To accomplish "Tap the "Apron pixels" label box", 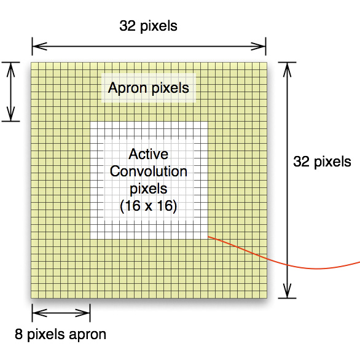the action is (x=149, y=88).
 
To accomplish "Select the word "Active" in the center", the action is (x=148, y=154).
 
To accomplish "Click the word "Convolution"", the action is (x=149, y=171).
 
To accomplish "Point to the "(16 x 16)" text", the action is (x=149, y=206).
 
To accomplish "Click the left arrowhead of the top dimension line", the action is (x=39, y=46).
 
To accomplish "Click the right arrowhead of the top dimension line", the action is (x=259, y=46).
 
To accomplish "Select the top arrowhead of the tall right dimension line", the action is (x=287, y=69).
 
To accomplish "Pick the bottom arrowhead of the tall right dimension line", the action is (x=287, y=291).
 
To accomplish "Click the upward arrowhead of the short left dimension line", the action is (x=11, y=69).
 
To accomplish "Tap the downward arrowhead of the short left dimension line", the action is (x=11, y=114).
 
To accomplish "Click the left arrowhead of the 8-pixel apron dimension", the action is (x=40, y=313).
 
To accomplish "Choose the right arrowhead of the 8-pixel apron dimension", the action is (x=83, y=313).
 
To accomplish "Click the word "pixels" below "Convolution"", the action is (x=149, y=189).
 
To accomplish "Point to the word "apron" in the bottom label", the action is (x=87, y=335).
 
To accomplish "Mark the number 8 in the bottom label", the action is (x=18, y=334).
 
